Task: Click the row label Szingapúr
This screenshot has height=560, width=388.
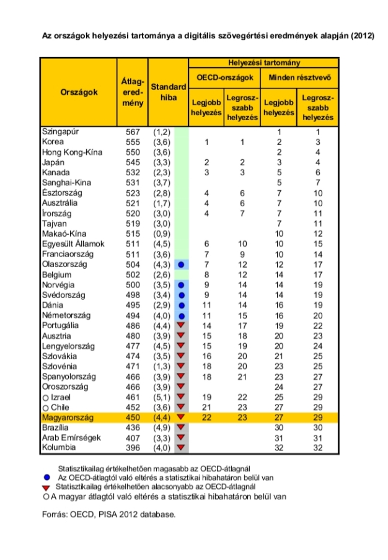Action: tap(60, 132)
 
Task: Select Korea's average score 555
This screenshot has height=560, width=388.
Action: tap(133, 142)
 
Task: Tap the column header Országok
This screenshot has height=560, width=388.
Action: tap(79, 92)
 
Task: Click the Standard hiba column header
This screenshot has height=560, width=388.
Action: tap(169, 92)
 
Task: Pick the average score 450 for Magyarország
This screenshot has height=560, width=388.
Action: tap(133, 418)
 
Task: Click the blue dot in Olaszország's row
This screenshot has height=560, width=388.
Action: tap(181, 265)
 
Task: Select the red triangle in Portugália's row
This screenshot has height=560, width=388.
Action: tap(181, 326)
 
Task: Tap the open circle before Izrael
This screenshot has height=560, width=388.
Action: tap(45, 398)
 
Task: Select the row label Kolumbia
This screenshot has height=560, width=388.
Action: tap(59, 447)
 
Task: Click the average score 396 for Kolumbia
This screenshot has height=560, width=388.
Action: tap(133, 447)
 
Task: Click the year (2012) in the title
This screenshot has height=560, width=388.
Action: tap(362, 36)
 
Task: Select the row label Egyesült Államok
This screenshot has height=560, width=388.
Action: tap(73, 244)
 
